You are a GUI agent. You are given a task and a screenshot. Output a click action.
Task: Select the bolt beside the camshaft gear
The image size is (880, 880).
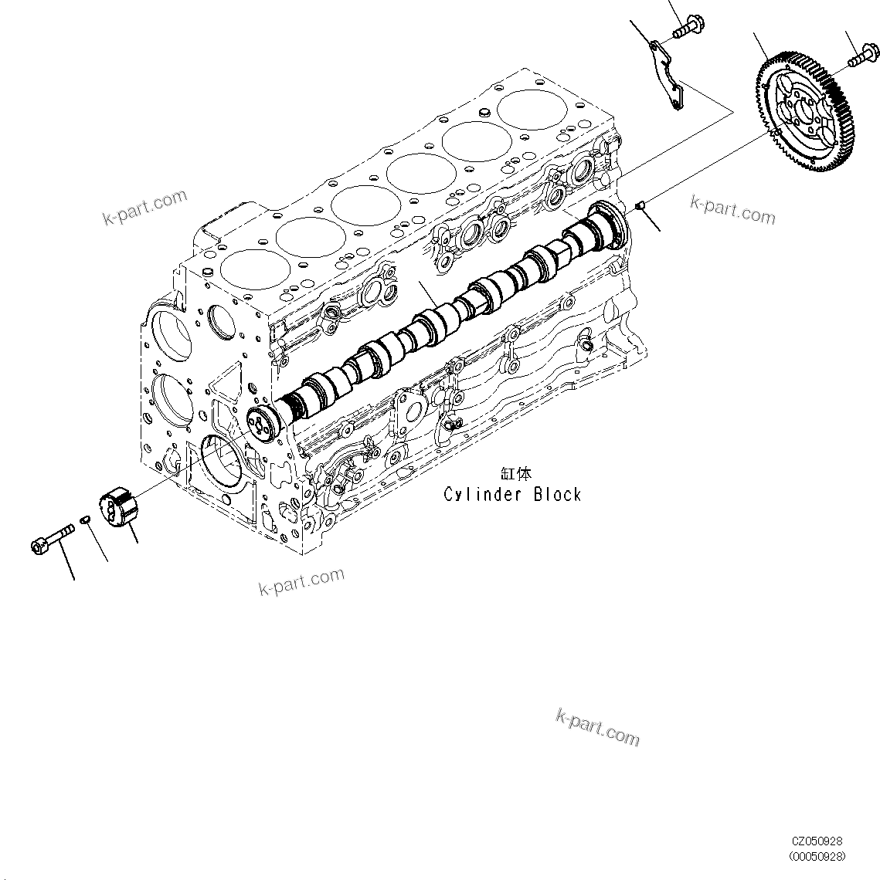864,56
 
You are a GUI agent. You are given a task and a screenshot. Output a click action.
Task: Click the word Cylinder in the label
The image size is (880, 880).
484,494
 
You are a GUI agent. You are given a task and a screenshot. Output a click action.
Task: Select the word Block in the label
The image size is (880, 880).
556,494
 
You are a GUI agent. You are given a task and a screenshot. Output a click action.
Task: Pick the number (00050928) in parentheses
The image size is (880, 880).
817,856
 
